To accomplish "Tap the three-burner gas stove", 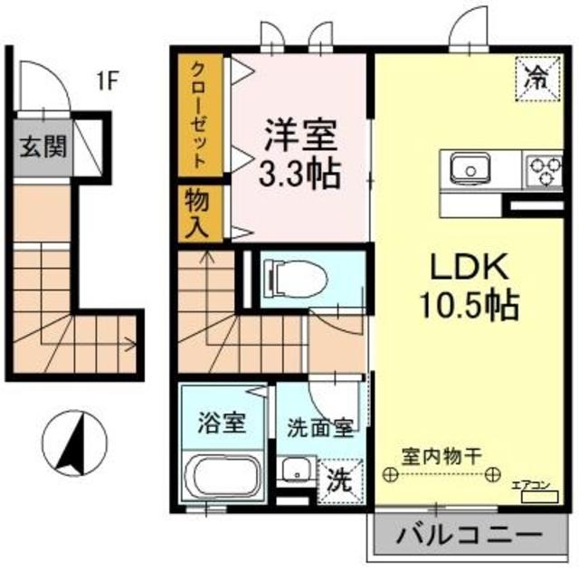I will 544,166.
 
